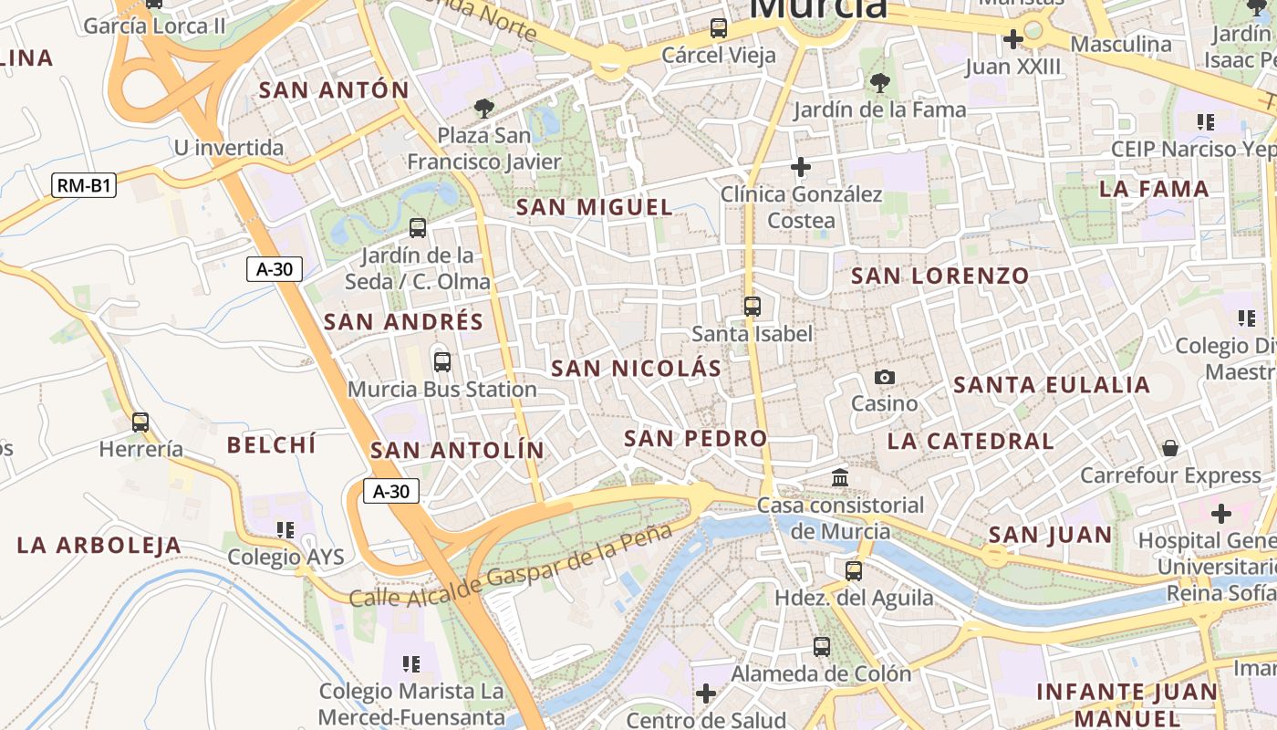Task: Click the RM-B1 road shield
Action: click(x=84, y=186)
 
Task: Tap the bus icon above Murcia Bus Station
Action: click(x=442, y=361)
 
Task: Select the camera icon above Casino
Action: click(x=884, y=377)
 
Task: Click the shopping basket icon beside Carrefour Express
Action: click(x=1169, y=447)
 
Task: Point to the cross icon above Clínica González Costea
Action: click(x=801, y=167)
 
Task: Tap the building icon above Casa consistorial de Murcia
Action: click(x=840, y=477)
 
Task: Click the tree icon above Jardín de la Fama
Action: click(x=879, y=84)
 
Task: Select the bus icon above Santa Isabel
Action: click(x=752, y=307)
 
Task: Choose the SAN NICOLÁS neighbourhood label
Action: click(x=636, y=369)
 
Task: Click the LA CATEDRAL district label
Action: click(x=971, y=442)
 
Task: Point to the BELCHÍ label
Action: click(x=271, y=445)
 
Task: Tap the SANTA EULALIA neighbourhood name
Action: click(x=1052, y=385)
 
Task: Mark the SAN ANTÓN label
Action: click(x=334, y=90)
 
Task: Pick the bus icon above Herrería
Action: click(x=140, y=422)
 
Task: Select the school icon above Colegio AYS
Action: click(x=286, y=529)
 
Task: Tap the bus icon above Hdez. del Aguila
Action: click(x=853, y=571)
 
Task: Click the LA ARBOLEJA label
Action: click(x=99, y=546)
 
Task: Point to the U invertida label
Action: click(x=229, y=148)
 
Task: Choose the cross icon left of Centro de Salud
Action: click(x=705, y=693)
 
